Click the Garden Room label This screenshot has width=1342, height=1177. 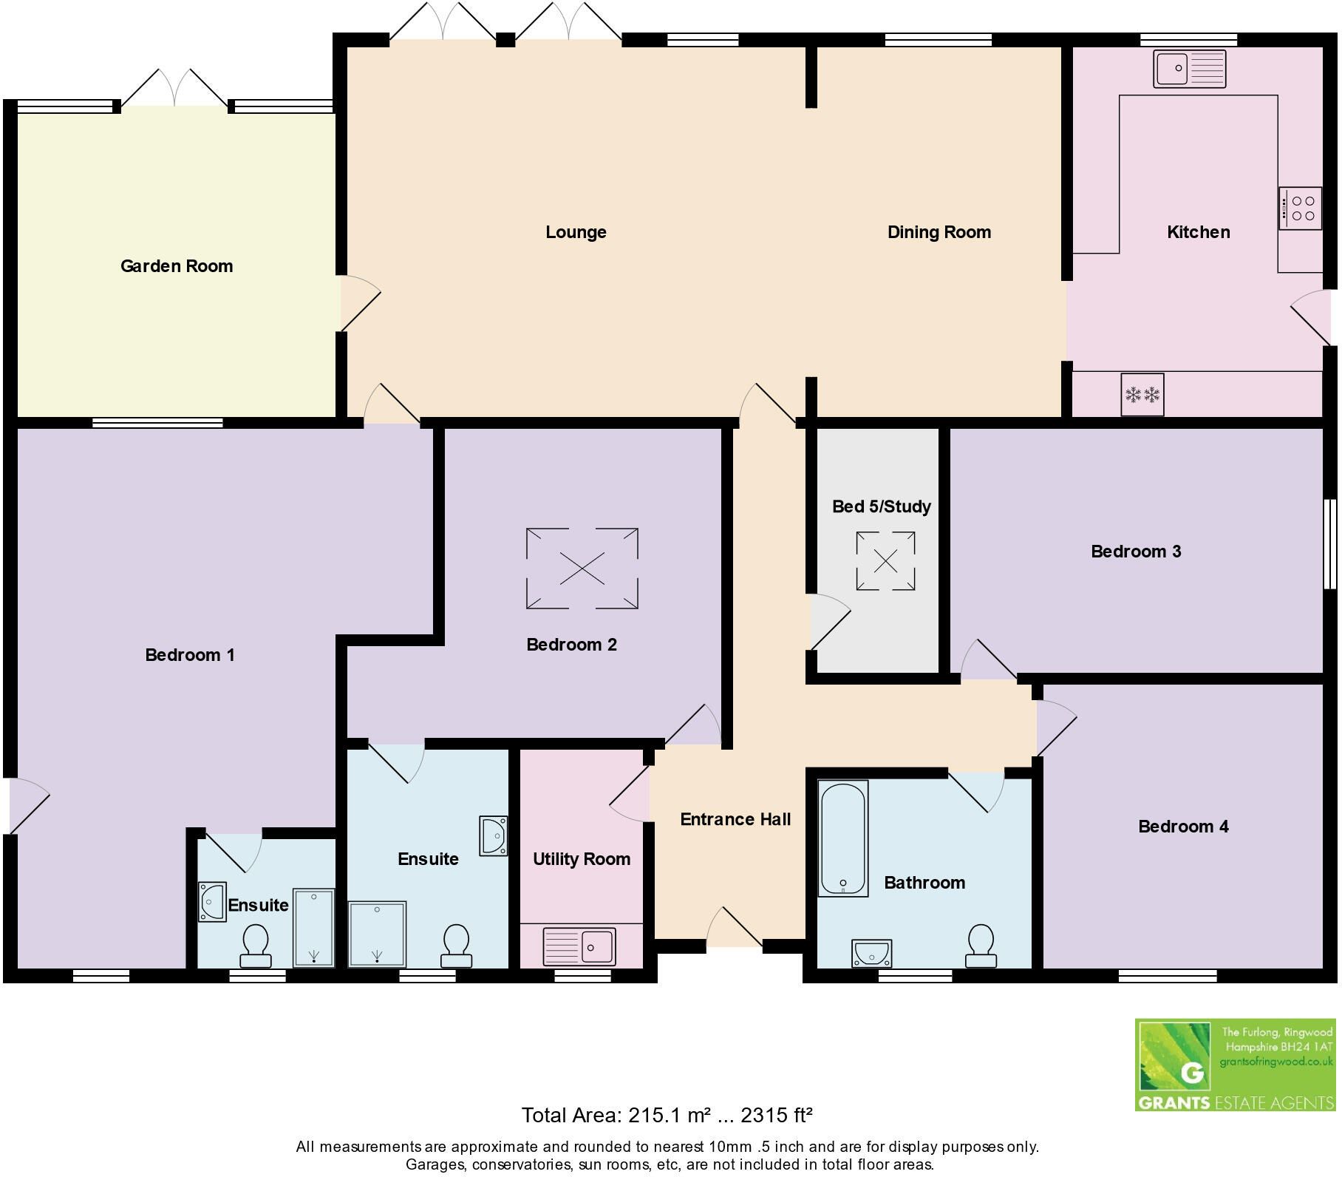[177, 266]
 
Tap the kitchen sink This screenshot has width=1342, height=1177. [1189, 69]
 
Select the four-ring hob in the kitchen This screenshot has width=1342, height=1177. [1301, 208]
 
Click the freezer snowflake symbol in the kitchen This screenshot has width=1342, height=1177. [1142, 395]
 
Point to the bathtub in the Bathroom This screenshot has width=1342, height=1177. [842, 838]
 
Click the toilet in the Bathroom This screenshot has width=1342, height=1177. [981, 946]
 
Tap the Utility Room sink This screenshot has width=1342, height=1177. [579, 946]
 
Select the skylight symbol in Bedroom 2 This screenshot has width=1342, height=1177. [582, 569]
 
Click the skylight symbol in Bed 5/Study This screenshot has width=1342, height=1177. [885, 561]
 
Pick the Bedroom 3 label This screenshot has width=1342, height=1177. [1136, 552]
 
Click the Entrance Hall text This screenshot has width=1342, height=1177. [735, 819]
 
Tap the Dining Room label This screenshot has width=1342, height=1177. [939, 232]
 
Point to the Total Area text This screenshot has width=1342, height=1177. [667, 1115]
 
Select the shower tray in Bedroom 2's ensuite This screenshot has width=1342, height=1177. [377, 934]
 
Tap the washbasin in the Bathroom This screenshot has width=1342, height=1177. [872, 953]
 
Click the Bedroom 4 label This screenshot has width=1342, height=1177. [1183, 827]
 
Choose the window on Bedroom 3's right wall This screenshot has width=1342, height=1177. [1329, 544]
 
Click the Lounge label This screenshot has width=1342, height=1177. [576, 232]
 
